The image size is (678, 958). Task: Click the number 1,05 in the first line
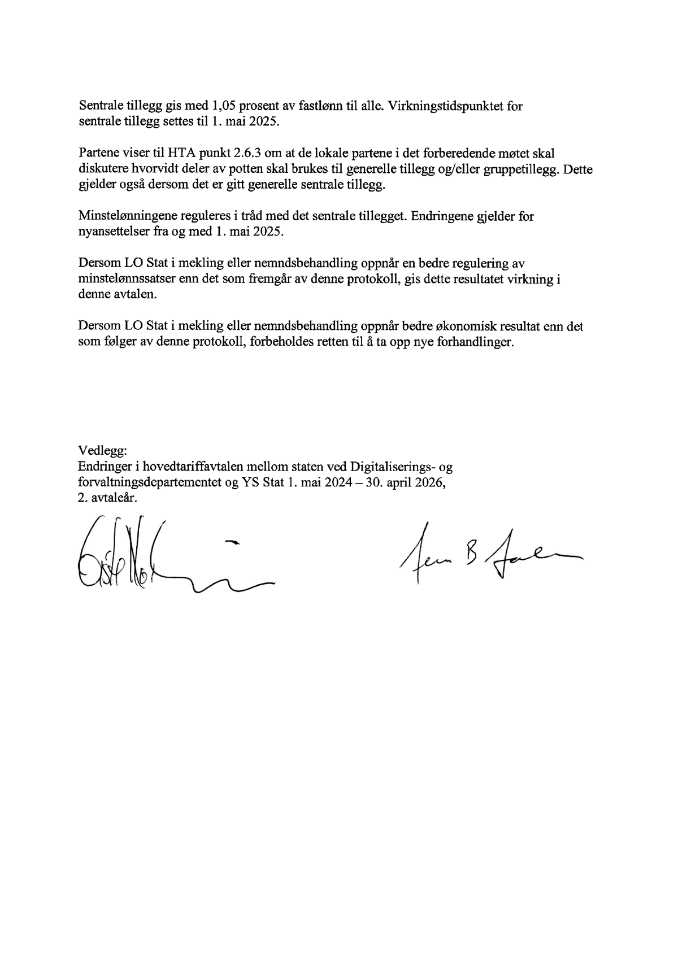pos(224,106)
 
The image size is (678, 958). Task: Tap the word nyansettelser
pos(114,232)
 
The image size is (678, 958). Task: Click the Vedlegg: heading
pos(103,451)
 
